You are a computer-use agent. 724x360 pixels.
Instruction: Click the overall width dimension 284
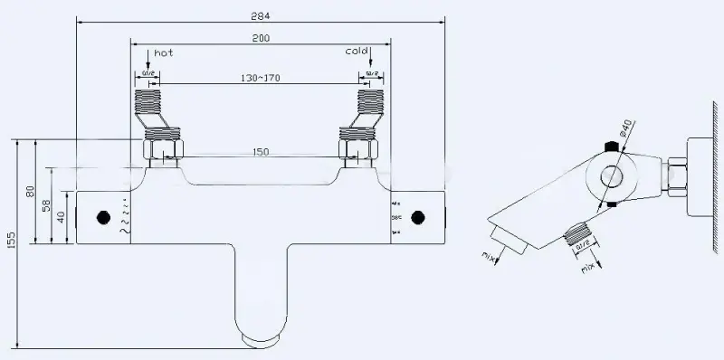(x=262, y=14)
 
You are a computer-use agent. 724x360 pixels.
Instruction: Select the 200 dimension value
(x=262, y=38)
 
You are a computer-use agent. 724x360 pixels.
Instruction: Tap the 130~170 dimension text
(x=262, y=78)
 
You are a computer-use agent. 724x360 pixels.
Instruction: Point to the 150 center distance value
(x=262, y=152)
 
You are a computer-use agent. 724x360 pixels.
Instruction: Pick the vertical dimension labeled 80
(x=29, y=192)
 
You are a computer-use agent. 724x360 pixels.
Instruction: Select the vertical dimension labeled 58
(x=46, y=205)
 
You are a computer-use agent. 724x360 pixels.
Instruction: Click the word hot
(x=163, y=53)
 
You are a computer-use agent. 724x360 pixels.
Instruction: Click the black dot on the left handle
(x=102, y=217)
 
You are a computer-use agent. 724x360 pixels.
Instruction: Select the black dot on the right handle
(x=417, y=217)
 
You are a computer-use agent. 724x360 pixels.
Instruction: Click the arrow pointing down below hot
(x=148, y=63)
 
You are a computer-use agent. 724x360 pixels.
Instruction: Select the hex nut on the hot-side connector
(x=164, y=145)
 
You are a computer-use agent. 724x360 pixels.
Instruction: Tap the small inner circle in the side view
(x=612, y=177)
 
